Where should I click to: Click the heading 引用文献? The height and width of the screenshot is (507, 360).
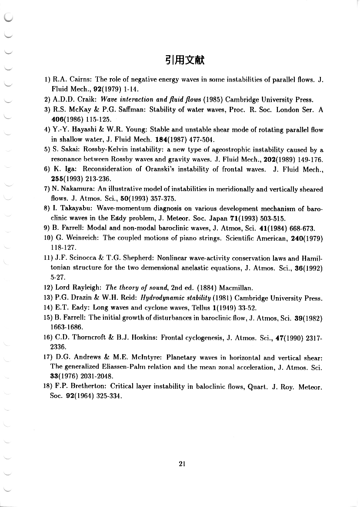pyautogui.click(x=185, y=60)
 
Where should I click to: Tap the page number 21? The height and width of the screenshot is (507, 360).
pyautogui.click(x=182, y=464)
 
